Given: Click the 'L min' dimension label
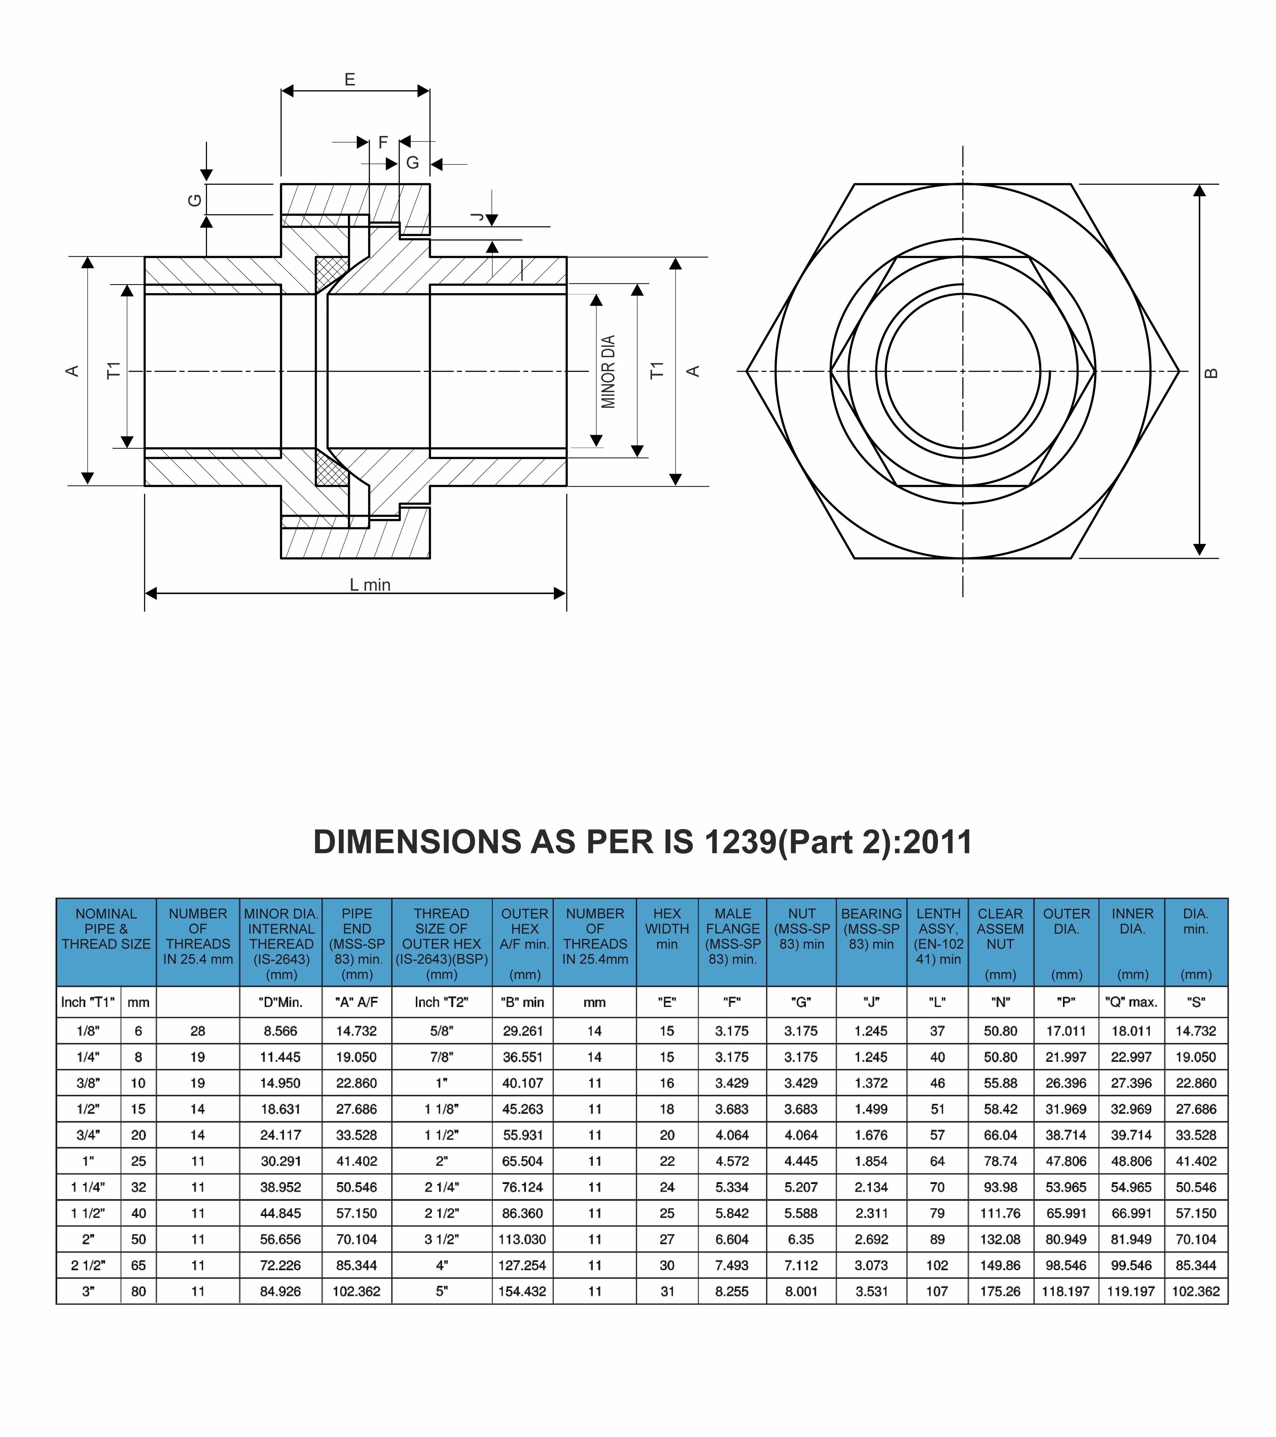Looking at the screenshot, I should pos(370,585).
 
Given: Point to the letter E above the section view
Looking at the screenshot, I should pos(349,80).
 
